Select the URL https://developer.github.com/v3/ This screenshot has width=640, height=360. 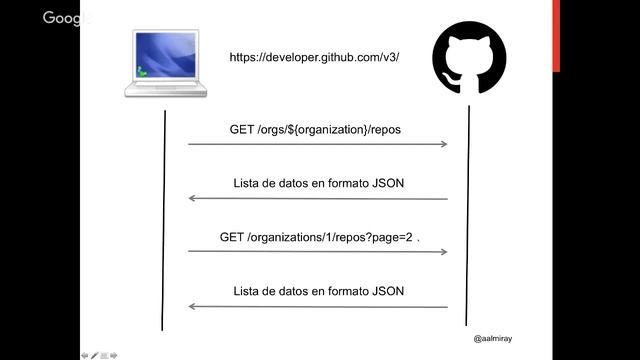point(315,58)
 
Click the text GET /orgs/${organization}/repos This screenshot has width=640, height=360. point(316,130)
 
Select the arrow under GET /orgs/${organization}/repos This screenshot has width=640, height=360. point(317,145)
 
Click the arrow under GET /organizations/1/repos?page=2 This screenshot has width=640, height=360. point(317,252)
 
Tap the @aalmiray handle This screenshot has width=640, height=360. point(494,339)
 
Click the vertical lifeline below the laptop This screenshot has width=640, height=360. point(163,220)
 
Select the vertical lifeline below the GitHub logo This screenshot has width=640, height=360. point(467,220)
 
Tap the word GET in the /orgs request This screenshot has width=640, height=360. point(242,130)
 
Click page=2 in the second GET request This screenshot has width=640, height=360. point(390,239)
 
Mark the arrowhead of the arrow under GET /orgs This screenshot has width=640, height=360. point(443,145)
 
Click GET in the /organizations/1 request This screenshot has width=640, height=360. point(232,239)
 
